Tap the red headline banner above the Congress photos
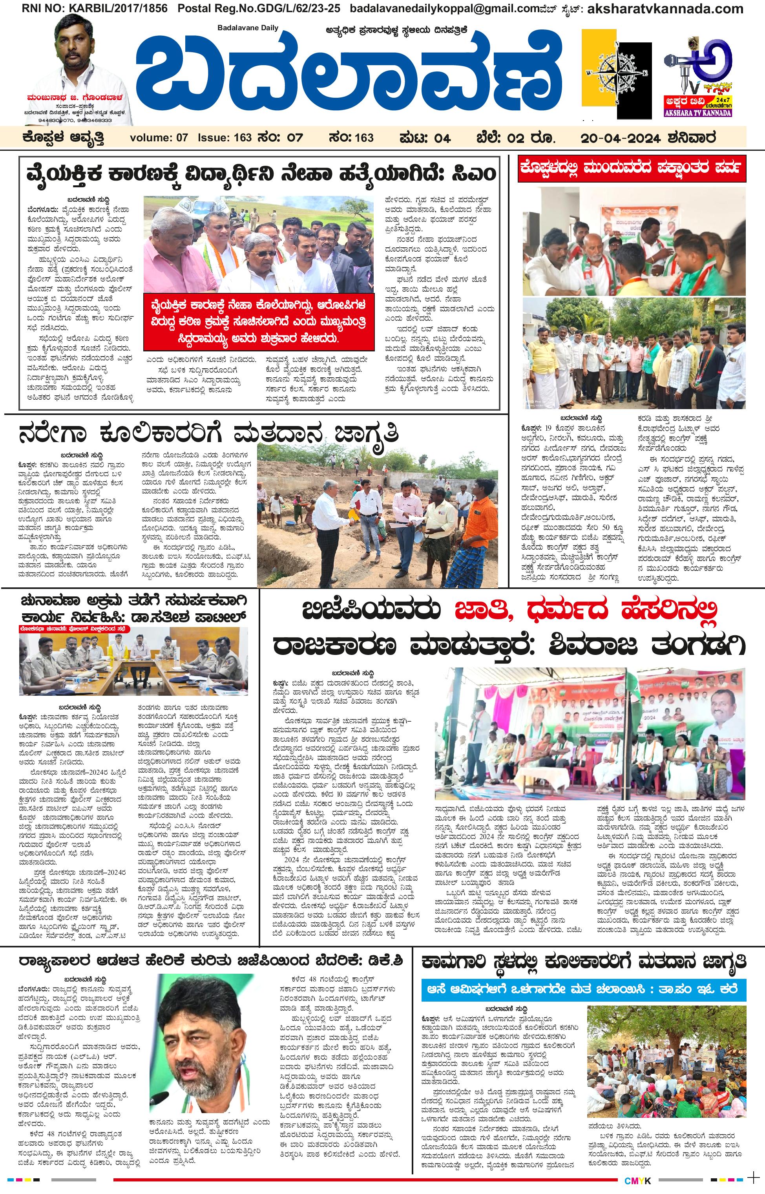(632, 169)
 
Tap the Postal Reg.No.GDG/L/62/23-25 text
(259, 9)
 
